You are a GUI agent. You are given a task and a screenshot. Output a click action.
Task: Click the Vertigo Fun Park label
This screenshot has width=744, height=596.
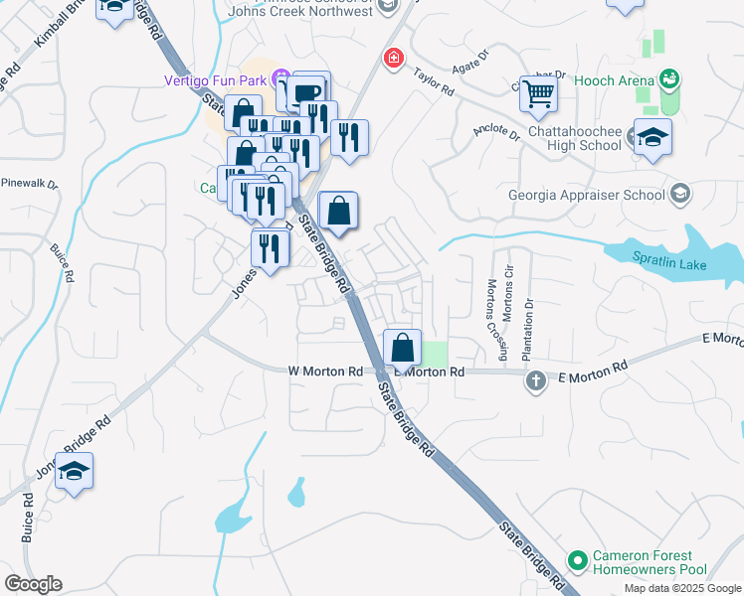217,79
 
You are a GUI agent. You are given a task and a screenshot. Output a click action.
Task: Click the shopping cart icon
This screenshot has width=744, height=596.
538,94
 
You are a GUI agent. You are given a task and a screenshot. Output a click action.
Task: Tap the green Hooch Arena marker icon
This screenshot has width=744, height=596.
669,79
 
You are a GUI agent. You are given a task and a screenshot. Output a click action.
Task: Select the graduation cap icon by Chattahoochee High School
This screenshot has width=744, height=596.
652,137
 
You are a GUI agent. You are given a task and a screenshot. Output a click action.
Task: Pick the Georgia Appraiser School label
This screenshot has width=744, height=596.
585,195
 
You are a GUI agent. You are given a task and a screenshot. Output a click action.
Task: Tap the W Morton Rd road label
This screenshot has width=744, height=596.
325,371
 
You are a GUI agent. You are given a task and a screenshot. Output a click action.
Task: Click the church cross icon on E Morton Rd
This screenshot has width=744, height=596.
536,380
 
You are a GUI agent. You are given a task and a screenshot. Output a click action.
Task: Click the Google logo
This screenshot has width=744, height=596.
33,584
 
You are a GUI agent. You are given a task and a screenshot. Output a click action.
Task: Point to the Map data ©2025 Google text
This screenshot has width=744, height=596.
681,588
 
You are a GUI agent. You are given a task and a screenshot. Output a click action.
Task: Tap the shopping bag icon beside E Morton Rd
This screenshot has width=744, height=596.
402,349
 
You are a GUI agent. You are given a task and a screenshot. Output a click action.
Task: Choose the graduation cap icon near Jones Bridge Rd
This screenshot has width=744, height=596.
74,471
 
